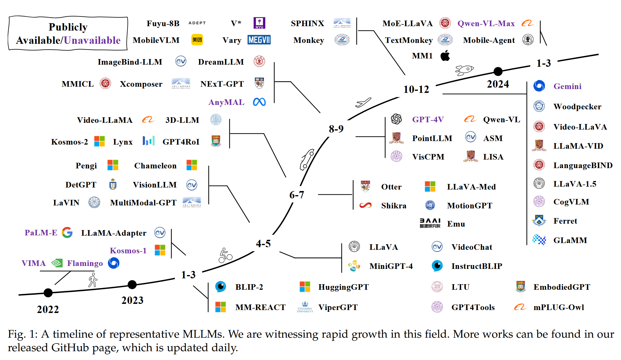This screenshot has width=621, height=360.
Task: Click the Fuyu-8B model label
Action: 163,24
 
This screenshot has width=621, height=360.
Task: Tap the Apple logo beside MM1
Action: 445,56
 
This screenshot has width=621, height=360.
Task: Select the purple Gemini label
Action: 567,86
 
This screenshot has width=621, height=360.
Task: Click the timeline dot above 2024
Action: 498,71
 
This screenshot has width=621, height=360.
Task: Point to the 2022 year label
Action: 48,309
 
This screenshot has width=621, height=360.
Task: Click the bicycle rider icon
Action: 225,255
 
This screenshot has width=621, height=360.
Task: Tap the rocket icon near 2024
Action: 464,70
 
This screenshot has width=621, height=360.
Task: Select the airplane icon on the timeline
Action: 363,103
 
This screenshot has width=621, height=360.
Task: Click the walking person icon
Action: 93,280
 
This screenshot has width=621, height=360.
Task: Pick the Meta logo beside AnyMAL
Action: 259,102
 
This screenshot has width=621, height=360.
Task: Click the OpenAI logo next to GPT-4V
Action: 396,119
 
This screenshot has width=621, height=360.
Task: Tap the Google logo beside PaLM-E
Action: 67,232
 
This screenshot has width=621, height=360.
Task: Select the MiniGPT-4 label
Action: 391,266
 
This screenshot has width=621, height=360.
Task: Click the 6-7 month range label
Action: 297,195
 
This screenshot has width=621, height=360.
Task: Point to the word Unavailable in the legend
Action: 92,40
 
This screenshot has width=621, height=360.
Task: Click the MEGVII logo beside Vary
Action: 259,40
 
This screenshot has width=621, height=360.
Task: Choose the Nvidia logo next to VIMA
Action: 57,263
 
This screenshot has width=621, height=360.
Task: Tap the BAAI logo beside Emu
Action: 430,223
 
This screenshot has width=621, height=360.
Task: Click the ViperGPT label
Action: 338,307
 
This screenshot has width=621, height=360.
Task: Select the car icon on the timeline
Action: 307,160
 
